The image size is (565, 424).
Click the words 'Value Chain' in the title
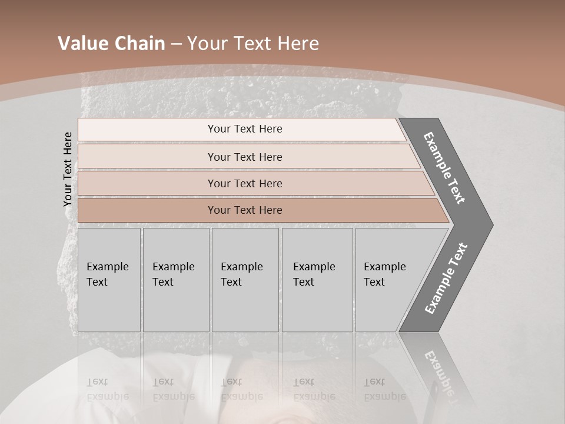pyautogui.click(x=111, y=44)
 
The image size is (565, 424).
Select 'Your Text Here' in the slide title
pyautogui.click(x=253, y=44)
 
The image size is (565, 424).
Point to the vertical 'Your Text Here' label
pyautogui.click(x=68, y=170)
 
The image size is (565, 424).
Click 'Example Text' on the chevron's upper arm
pyautogui.click(x=444, y=168)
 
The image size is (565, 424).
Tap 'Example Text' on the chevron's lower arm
pyautogui.click(x=446, y=279)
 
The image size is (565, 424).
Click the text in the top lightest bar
pyautogui.click(x=245, y=129)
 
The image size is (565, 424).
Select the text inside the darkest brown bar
pyautogui.click(x=245, y=210)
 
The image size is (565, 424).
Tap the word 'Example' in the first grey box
pyautogui.click(x=107, y=267)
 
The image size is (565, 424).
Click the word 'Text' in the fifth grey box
pyautogui.click(x=374, y=282)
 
